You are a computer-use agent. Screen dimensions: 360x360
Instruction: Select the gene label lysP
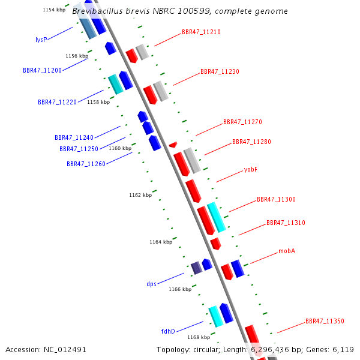[41, 40]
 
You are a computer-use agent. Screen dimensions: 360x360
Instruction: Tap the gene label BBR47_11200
[42, 70]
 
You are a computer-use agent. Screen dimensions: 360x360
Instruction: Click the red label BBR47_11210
[201, 32]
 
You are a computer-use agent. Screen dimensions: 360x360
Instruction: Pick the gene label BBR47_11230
[220, 71]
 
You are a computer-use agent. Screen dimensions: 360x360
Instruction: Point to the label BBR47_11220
[57, 102]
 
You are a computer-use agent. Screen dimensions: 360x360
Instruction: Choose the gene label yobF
[251, 169]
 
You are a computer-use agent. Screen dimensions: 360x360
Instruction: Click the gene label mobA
[287, 251]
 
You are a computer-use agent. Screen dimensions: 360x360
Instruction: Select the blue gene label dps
[151, 284]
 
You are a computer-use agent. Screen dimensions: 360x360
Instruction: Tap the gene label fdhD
[167, 331]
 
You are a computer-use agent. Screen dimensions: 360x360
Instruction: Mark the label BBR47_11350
[325, 321]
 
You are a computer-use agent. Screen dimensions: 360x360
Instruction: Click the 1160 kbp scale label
[119, 148]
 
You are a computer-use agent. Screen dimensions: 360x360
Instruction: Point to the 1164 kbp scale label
[161, 242]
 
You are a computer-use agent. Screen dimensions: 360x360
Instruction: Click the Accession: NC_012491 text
[46, 349]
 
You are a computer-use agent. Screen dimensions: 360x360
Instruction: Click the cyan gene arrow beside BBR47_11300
[216, 217]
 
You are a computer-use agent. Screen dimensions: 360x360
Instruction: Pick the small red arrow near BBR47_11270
[173, 144]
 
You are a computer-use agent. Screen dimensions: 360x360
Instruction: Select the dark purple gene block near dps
[196, 268]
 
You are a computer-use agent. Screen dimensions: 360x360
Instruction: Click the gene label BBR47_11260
[86, 164]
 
